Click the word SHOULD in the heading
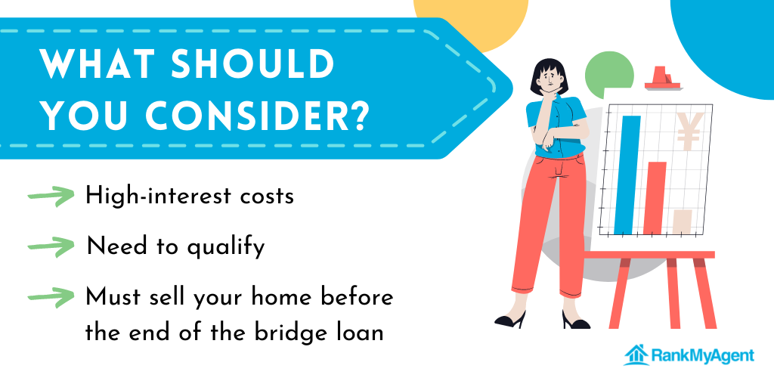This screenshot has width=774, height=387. click(x=252, y=65)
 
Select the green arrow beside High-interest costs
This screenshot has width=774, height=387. click(x=51, y=196)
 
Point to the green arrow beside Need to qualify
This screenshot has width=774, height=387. click(x=51, y=246)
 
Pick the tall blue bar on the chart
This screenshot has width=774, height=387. click(x=627, y=175)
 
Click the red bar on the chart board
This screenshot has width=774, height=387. click(x=655, y=198)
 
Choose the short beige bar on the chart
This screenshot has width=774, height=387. click(x=683, y=221)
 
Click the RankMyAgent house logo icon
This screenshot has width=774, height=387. click(x=636, y=355)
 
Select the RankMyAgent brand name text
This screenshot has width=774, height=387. click(x=703, y=356)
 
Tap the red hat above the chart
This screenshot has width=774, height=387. click(x=664, y=79)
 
